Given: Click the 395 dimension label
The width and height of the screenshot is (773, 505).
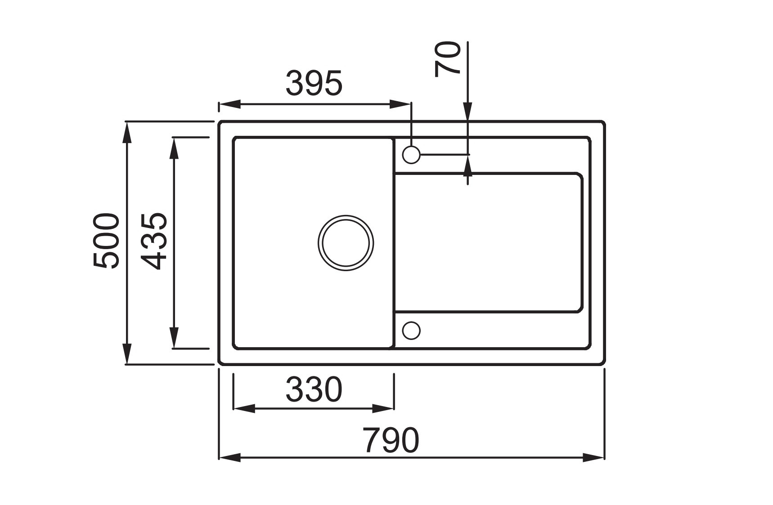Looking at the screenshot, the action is point(314,84).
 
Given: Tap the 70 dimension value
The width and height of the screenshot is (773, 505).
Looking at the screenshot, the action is point(448,59).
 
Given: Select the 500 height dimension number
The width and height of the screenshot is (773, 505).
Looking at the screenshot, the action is point(107,241).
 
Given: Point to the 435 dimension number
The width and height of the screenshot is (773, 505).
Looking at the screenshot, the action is point(153,241).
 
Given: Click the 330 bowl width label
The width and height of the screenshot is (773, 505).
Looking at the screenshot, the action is point(314,390).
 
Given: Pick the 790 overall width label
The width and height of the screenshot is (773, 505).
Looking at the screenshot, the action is point(391,440).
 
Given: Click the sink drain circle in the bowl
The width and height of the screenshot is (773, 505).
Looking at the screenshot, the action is point(346,243).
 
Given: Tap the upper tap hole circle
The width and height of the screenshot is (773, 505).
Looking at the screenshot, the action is point(411,155).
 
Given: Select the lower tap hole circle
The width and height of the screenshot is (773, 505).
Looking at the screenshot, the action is point(411,331).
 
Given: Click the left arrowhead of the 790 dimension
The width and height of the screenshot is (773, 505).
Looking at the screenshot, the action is point(229,458).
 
